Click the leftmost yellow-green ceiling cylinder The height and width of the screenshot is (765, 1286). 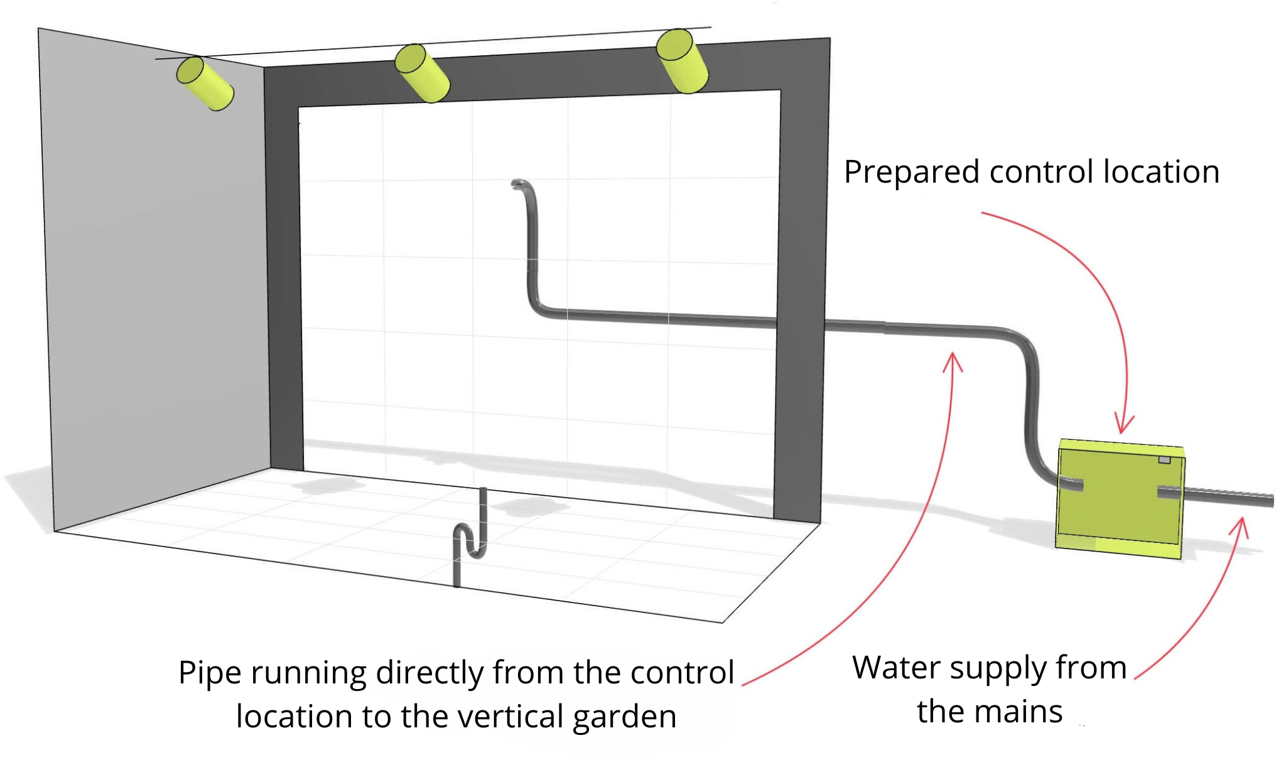[205, 83]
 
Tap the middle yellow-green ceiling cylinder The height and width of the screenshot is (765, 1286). [422, 73]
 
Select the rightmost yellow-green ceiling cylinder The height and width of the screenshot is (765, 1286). [683, 61]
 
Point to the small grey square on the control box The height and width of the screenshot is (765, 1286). [1164, 460]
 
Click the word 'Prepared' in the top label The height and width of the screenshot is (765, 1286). [910, 173]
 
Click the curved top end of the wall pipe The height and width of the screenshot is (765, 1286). [519, 183]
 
